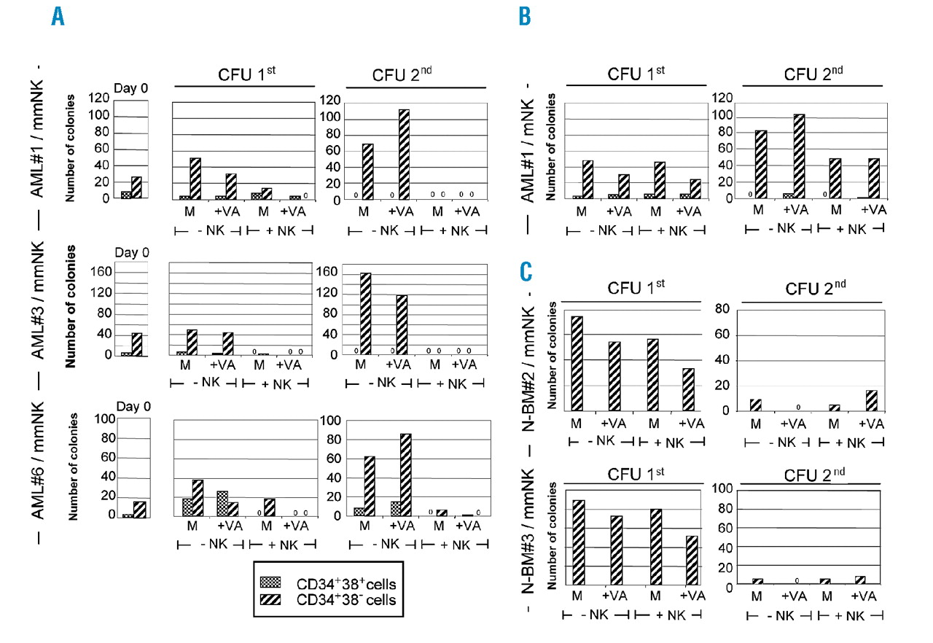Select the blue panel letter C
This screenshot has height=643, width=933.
coord(526,274)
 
